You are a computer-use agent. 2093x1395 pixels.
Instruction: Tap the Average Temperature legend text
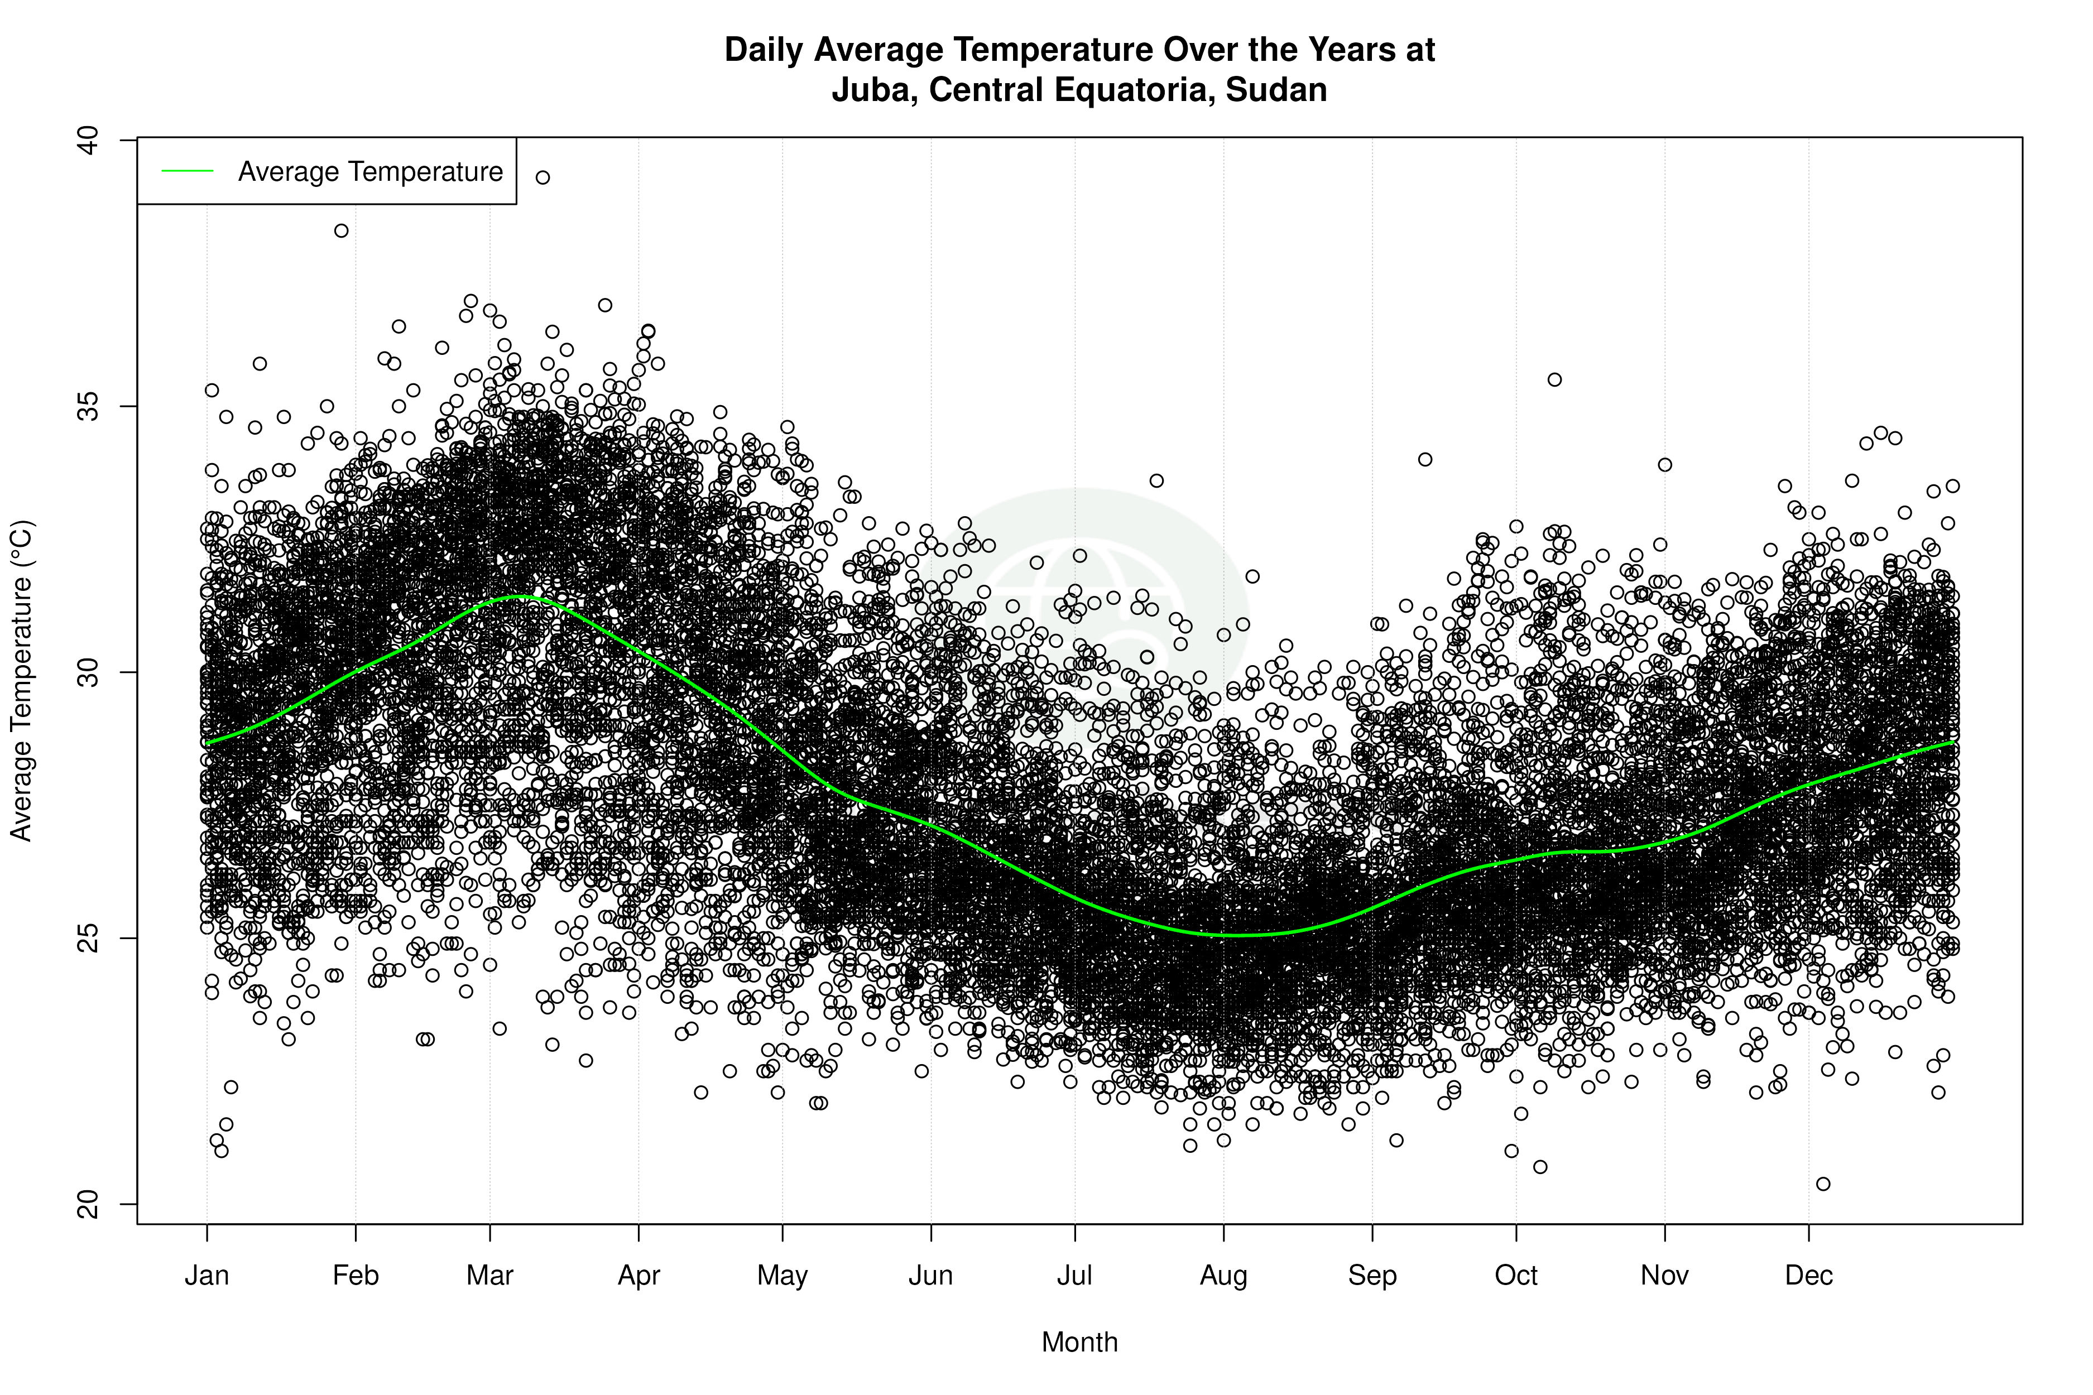point(370,172)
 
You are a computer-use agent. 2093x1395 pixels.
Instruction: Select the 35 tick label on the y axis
point(88,407)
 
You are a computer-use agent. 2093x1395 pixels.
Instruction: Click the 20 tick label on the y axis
point(88,1205)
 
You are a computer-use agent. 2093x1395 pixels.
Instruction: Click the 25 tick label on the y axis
point(88,939)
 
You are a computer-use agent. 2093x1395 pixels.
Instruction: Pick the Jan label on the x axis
point(207,1276)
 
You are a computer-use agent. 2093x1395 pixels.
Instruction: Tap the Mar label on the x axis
point(491,1276)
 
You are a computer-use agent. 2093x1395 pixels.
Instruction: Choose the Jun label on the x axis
point(931,1276)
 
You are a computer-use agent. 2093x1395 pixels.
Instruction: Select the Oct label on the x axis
point(1516,1276)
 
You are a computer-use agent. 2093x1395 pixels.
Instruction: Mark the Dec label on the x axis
point(1809,1276)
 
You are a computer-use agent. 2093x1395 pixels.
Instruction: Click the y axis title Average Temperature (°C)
point(21,681)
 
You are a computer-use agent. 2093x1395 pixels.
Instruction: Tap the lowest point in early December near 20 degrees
point(1823,1184)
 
